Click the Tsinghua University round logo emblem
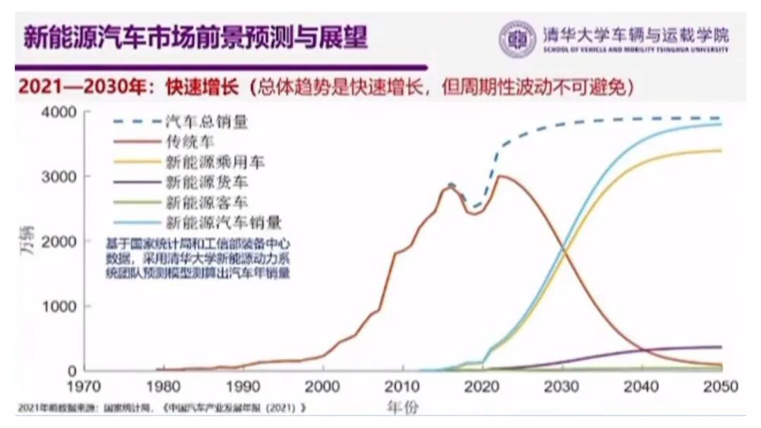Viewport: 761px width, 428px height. pos(518,39)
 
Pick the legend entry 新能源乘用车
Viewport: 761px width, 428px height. pos(216,162)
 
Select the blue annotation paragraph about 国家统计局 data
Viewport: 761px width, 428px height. pos(198,258)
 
